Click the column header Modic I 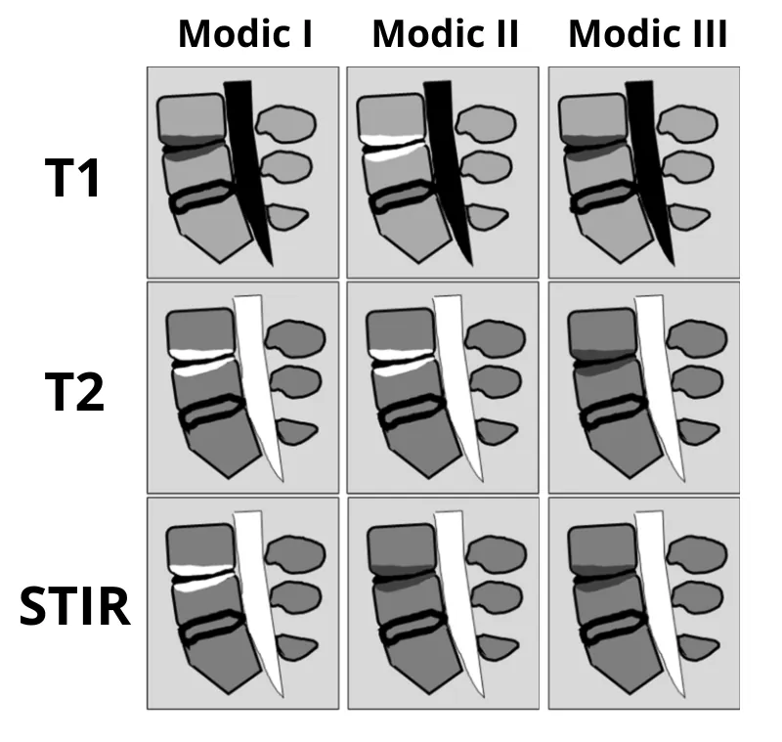pyautogui.click(x=244, y=35)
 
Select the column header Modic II pyautogui.click(x=445, y=35)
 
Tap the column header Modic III pyautogui.click(x=647, y=35)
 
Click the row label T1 pyautogui.click(x=73, y=179)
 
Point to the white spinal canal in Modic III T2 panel pyautogui.click(x=659, y=381)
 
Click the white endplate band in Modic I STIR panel pyautogui.click(x=200, y=569)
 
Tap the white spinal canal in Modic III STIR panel pyautogui.click(x=659, y=596)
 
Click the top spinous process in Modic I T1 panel pyautogui.click(x=285, y=123)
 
